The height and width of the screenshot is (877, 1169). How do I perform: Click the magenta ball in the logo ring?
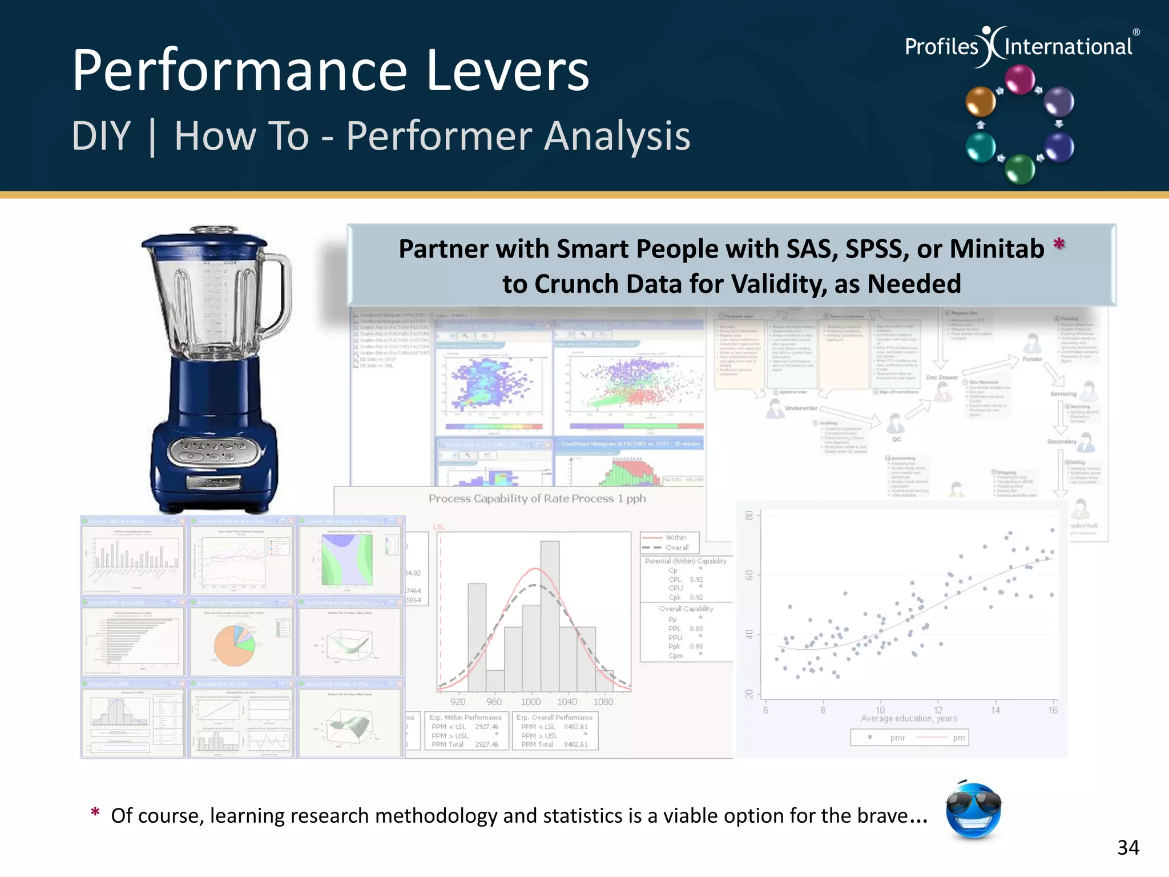click(1019, 79)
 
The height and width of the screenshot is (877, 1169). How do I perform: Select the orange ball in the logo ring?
click(980, 102)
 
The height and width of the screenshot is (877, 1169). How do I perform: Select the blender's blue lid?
click(204, 243)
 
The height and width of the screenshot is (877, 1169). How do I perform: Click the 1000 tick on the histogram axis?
click(531, 702)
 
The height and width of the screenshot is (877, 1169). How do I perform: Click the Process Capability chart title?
click(537, 498)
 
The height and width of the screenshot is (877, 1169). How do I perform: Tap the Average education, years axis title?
click(909, 719)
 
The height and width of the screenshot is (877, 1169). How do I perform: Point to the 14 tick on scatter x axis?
click(995, 710)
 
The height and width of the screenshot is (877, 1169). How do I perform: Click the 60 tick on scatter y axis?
click(749, 575)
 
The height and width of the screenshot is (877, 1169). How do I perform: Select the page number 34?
click(1128, 848)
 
